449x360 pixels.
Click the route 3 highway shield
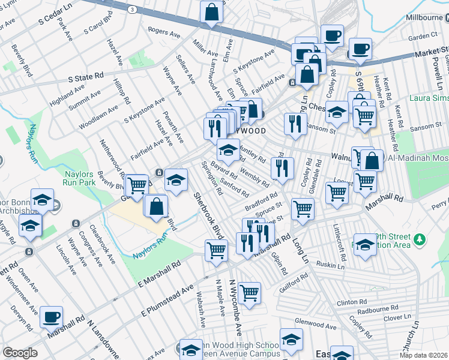[131, 10]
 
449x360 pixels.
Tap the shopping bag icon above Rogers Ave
[212, 11]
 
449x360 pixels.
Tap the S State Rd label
[86, 78]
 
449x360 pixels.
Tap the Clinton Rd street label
[351, 303]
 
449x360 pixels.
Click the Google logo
[20, 353]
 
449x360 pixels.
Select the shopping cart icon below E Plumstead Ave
[249, 293]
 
